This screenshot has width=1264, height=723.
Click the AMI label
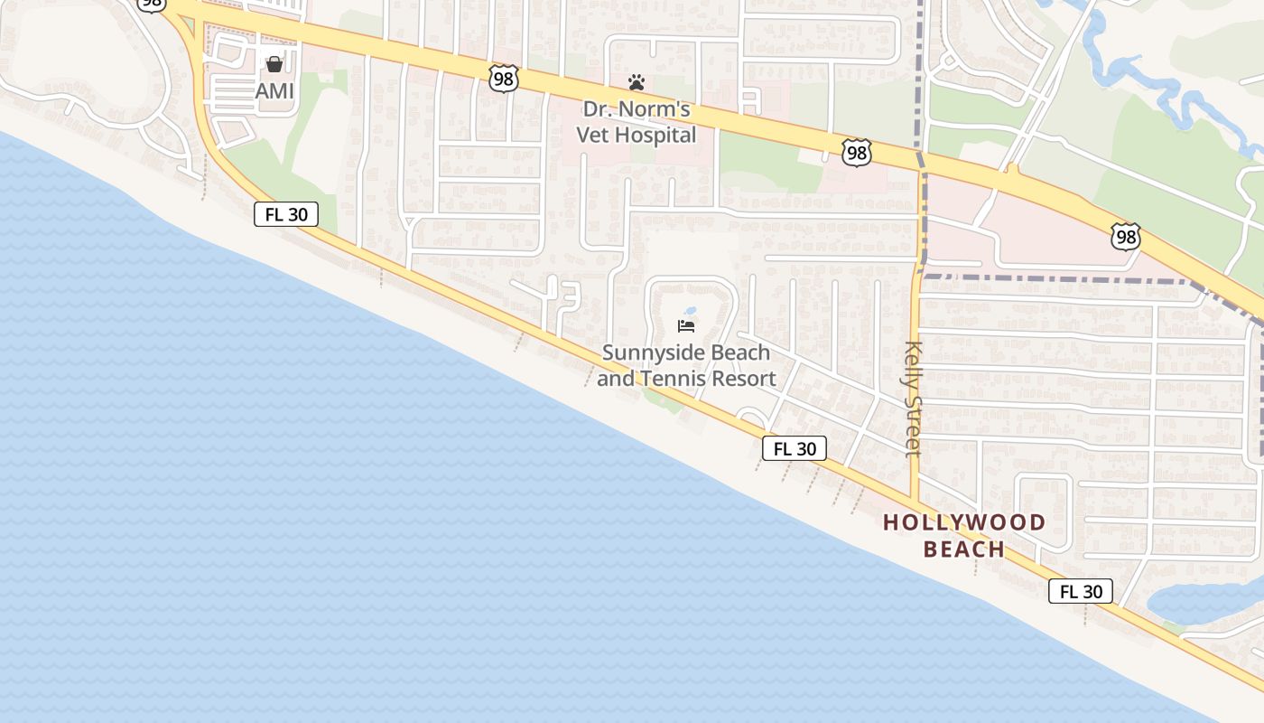[274, 91]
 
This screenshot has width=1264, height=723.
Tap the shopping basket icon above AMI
[274, 64]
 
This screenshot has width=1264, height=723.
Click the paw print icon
[637, 83]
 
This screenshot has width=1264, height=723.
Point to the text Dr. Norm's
[637, 110]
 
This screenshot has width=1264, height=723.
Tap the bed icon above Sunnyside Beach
[686, 326]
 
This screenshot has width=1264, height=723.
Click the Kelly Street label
[913, 399]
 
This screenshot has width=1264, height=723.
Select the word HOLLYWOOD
[964, 522]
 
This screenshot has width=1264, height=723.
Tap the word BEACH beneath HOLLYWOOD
[964, 549]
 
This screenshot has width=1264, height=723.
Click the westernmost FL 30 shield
[286, 214]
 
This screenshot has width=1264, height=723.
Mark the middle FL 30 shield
[795, 448]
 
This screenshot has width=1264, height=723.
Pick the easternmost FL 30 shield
[1081, 592]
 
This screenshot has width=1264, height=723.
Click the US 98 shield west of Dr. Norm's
[504, 79]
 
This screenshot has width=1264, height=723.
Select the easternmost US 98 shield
[1126, 238]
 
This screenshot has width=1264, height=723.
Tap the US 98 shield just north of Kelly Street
[856, 153]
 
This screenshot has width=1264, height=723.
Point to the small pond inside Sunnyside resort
[691, 310]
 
